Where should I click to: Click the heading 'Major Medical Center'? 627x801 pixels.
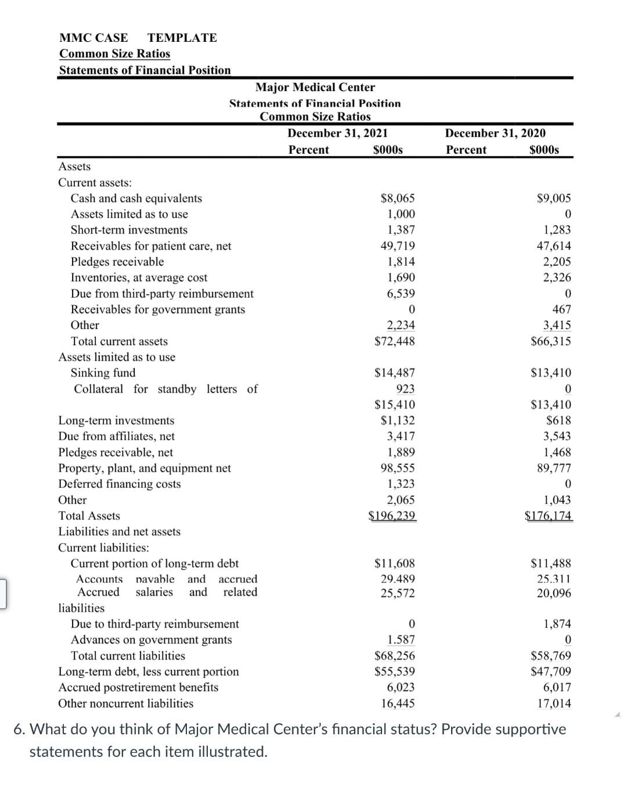tap(315, 87)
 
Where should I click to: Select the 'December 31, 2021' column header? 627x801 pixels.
tap(337, 133)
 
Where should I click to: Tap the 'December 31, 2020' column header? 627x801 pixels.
tap(495, 133)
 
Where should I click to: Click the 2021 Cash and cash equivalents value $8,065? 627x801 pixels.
tap(398, 198)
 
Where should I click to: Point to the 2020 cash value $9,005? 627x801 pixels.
tap(554, 198)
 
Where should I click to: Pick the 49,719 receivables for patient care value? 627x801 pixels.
tap(398, 246)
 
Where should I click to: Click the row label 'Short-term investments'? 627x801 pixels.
tap(129, 230)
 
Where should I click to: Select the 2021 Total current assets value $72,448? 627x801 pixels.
tap(395, 341)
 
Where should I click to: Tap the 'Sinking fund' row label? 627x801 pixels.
tap(103, 372)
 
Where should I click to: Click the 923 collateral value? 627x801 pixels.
tap(405, 389)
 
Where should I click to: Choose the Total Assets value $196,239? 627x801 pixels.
tap(392, 516)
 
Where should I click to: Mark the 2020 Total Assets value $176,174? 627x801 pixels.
tap(548, 516)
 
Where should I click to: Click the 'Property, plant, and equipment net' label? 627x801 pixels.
tap(145, 468)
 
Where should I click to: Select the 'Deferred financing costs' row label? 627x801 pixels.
tap(120, 484)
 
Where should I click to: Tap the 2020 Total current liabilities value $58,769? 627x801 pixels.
tap(551, 656)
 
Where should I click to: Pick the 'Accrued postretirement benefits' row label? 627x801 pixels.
tap(138, 687)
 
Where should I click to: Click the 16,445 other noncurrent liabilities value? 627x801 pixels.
tap(398, 704)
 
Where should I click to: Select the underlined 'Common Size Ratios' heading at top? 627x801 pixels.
tap(115, 54)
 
